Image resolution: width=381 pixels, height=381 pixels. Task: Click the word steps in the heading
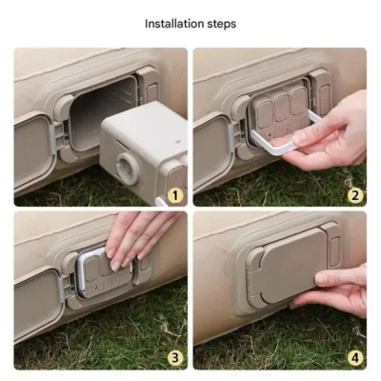220,25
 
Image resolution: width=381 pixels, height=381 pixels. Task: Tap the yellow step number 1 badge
175,195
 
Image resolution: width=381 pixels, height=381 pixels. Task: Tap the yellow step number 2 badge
355,195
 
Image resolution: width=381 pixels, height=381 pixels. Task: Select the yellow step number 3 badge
175,358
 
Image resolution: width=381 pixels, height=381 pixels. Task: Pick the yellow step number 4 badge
355,358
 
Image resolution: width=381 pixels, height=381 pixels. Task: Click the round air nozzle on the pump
128,169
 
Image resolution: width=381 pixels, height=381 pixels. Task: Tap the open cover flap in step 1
31,151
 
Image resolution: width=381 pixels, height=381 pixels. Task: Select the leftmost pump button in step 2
265,114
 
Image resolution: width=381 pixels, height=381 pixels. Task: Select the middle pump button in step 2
282,108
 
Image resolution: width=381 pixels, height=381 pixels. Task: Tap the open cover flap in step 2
212,151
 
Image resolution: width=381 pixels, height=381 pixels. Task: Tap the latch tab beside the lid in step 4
334,251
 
